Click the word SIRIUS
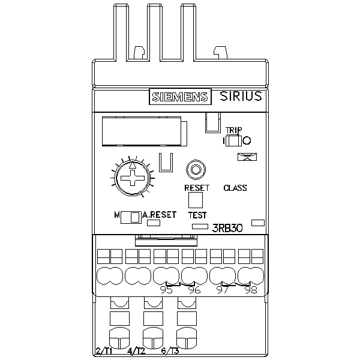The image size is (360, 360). coord(240,97)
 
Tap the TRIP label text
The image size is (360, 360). coord(233,130)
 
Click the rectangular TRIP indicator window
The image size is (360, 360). coord(233,141)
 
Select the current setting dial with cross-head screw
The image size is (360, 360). coord(132,178)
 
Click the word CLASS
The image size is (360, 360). coord(235,188)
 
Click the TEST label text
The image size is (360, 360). coord(197,215)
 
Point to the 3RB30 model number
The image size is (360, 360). coord(227,227)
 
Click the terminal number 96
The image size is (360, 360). coord(194,290)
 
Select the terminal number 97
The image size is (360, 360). coord(223,290)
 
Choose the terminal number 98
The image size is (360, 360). coord(251,290)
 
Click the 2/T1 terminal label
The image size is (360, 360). coord(105,351)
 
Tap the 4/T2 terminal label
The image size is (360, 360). coord(137,351)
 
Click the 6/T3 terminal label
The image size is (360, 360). coord(170,351)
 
